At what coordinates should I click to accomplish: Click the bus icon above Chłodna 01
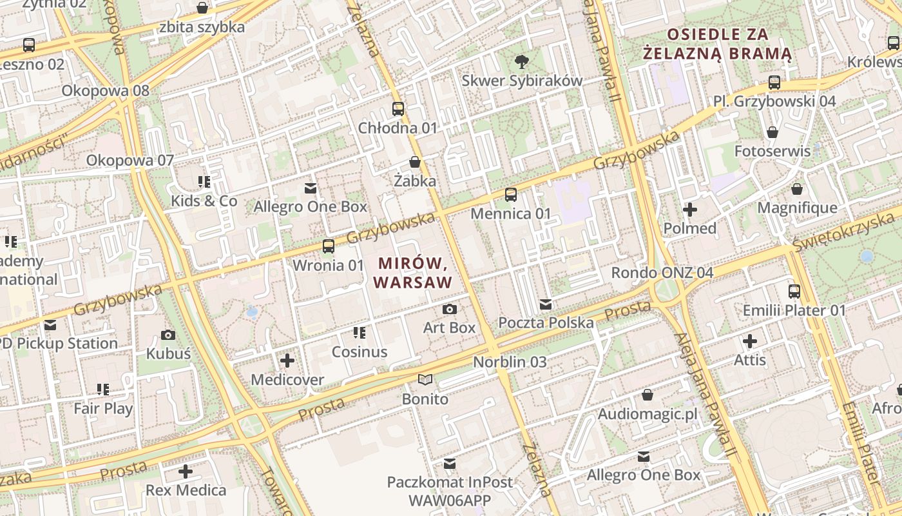click(x=398, y=109)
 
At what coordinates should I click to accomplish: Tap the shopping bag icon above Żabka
click(x=415, y=162)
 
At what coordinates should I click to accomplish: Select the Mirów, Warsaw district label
click(x=412, y=273)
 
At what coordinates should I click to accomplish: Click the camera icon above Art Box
click(x=450, y=310)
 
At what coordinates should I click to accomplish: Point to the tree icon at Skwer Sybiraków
click(x=521, y=62)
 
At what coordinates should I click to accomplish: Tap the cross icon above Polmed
click(x=690, y=210)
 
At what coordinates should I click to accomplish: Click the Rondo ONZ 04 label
click(x=662, y=273)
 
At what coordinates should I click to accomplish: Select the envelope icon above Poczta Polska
click(x=546, y=304)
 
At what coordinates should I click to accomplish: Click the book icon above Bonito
click(x=425, y=380)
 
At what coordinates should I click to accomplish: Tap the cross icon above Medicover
click(x=287, y=361)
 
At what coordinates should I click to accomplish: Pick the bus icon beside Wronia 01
click(x=329, y=246)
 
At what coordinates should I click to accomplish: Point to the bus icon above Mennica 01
click(x=511, y=194)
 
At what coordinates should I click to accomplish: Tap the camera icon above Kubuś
click(x=168, y=335)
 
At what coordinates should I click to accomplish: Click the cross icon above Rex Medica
click(x=186, y=471)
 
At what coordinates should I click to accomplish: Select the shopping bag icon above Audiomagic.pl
click(x=648, y=395)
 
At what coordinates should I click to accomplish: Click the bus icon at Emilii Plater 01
click(x=794, y=292)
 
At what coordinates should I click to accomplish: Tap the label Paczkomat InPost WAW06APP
click(x=450, y=491)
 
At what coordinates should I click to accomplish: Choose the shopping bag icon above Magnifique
click(x=797, y=189)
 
